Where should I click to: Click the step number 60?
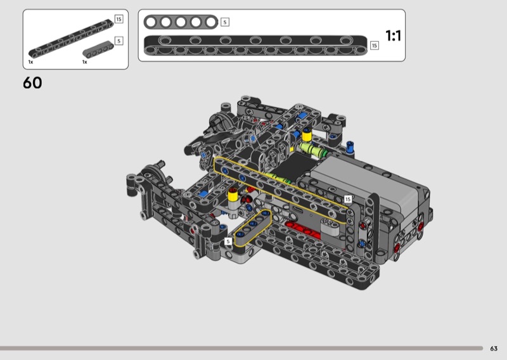pyautogui.click(x=32, y=83)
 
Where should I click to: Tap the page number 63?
pyautogui.click(x=494, y=349)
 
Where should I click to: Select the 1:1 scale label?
pyautogui.click(x=393, y=35)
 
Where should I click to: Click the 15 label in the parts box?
pyautogui.click(x=119, y=19)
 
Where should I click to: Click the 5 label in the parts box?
pyautogui.click(x=119, y=41)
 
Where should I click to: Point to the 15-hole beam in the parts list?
pyautogui.click(x=71, y=39)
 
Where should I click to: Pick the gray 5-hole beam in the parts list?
pyautogui.click(x=98, y=49)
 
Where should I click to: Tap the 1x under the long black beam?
pyautogui.click(x=30, y=61)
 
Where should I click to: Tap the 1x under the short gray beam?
pyautogui.click(x=85, y=61)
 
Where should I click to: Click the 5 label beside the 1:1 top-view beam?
pyautogui.click(x=225, y=22)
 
